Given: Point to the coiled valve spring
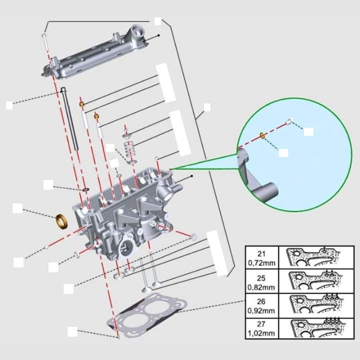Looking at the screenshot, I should [x=131, y=150].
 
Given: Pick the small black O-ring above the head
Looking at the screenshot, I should [x=86, y=190].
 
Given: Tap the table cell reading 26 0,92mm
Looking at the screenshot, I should [x=261, y=305].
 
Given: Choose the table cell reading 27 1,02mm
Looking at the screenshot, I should [x=261, y=328].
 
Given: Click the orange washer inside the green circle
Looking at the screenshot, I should [x=262, y=135].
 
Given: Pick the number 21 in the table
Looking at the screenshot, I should [x=261, y=253].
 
